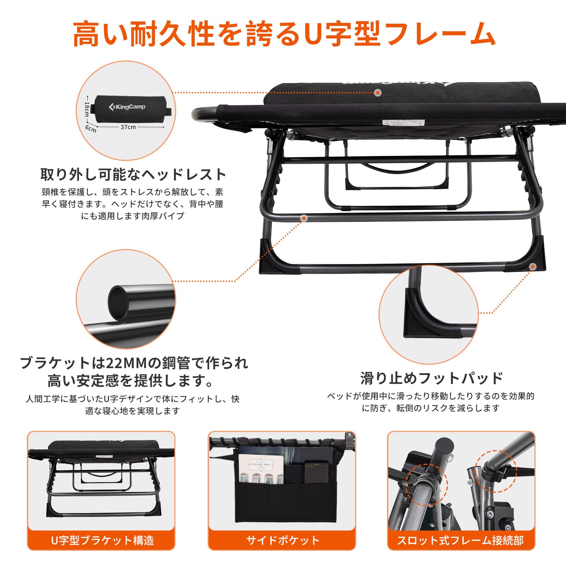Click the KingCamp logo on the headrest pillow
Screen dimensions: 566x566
[x=127, y=106]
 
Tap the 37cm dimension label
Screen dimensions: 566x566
[x=128, y=127]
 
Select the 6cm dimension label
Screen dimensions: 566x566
[x=91, y=129]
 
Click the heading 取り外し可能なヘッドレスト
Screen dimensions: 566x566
[x=133, y=174]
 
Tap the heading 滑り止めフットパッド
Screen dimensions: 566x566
[x=431, y=378]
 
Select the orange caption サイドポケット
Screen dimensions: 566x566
[x=283, y=540]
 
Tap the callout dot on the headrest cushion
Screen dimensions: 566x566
[x=378, y=93]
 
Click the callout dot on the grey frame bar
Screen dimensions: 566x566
[x=304, y=219]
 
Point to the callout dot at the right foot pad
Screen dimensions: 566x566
[x=533, y=267]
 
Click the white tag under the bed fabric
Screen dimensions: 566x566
[x=403, y=122]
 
